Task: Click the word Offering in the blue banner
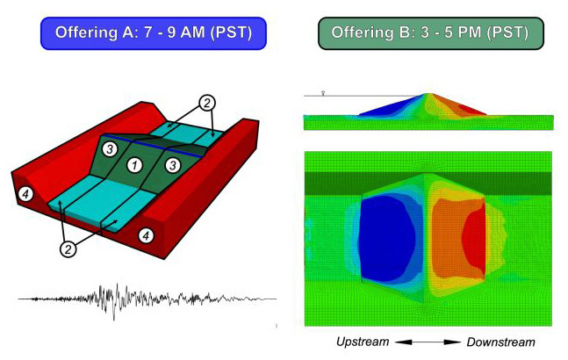tap(86, 32)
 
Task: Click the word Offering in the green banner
tap(362, 32)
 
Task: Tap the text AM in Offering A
tap(192, 32)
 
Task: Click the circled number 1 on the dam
tap(134, 166)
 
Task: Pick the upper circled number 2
tap(206, 104)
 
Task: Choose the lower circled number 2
tap(68, 249)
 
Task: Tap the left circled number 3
tap(110, 149)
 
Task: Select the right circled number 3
tap(173, 165)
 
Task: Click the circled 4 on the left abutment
tap(25, 194)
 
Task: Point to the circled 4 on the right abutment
tap(146, 236)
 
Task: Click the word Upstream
tap(363, 342)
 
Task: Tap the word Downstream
tap(500, 342)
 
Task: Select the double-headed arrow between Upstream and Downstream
tap(428, 342)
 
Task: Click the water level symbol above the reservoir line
tap(323, 93)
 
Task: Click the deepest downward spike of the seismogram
tap(114, 320)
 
